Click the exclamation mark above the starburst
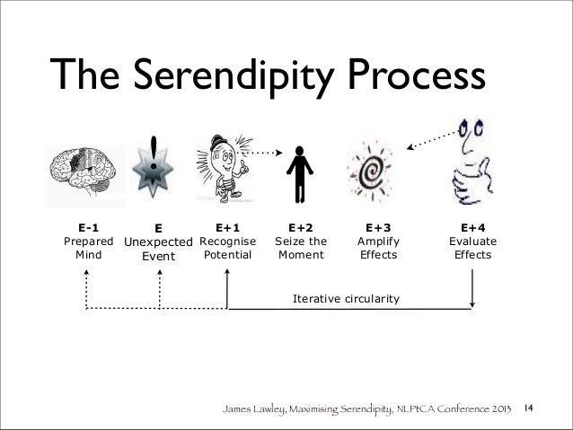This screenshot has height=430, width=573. point(158,152)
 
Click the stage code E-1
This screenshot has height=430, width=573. point(87,228)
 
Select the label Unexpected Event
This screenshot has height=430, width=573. point(158,249)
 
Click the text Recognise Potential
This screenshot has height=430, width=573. point(228,249)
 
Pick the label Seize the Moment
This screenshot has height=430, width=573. point(300,249)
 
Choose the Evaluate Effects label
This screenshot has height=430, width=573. point(472,249)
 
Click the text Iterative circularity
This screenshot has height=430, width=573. point(347,297)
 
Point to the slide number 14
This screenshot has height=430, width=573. point(530,409)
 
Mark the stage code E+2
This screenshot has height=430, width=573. point(300,228)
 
